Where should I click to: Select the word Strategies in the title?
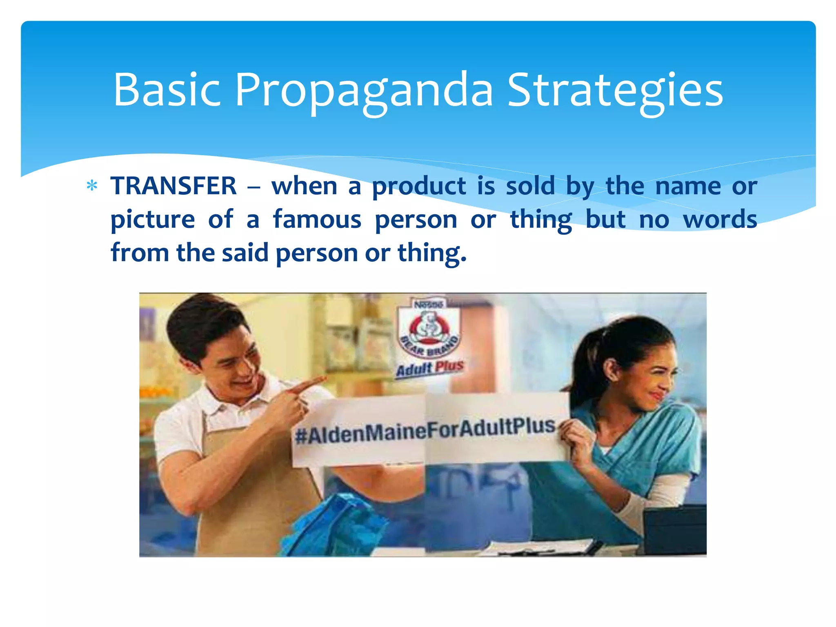tap(615, 91)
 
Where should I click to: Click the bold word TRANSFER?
tap(173, 186)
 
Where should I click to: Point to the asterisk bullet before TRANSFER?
tap(92, 186)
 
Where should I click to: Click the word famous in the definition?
tap(317, 219)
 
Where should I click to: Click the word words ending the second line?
tap(720, 219)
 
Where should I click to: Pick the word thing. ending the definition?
tap(431, 253)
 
